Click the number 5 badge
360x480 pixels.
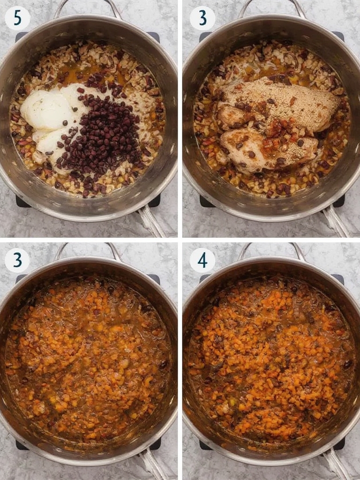(17, 18)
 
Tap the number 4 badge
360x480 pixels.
(202, 261)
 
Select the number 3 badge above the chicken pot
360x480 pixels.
(202, 18)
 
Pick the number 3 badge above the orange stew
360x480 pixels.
(17, 261)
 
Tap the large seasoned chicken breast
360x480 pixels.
(276, 104)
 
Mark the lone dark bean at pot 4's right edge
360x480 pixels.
(347, 364)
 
